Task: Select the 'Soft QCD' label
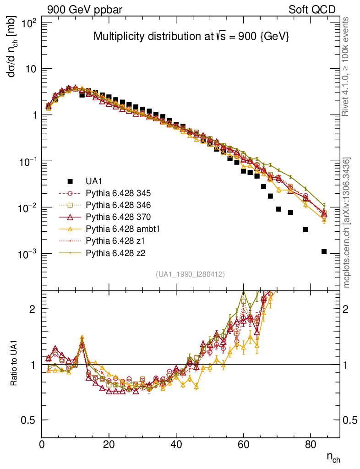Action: (312, 10)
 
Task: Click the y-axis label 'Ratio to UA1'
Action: (14, 364)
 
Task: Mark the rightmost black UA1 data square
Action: (324, 251)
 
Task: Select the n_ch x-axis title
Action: (333, 457)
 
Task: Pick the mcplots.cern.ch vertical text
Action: (347, 223)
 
